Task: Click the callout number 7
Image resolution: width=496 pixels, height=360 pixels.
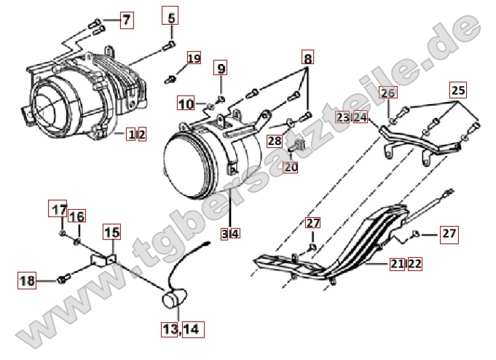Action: pyautogui.click(x=127, y=20)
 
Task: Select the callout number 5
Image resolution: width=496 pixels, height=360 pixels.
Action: pyautogui.click(x=171, y=15)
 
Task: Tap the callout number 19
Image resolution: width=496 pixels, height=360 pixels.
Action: pyautogui.click(x=194, y=58)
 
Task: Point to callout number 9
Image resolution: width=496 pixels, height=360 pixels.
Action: pyautogui.click(x=221, y=68)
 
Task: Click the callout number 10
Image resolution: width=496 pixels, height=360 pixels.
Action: pyautogui.click(x=186, y=103)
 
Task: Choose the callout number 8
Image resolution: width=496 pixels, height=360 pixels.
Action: pyautogui.click(x=307, y=58)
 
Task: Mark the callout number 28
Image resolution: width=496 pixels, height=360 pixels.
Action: pyautogui.click(x=275, y=141)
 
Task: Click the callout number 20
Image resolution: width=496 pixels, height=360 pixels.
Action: pyautogui.click(x=291, y=167)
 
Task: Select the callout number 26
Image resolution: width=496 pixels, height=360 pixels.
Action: pyautogui.click(x=388, y=93)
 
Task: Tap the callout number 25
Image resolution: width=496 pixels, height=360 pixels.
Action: pyautogui.click(x=458, y=90)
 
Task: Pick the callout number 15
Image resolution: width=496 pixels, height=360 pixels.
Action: pyautogui.click(x=112, y=232)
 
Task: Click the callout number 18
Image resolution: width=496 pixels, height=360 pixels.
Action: pyautogui.click(x=27, y=281)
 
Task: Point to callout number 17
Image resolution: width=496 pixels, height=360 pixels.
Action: pyautogui.click(x=58, y=208)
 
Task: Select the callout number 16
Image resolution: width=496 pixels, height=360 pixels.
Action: pyautogui.click(x=77, y=216)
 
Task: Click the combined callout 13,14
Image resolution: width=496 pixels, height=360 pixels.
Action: pyautogui.click(x=183, y=329)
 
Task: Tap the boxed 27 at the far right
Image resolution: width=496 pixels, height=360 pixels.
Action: pyautogui.click(x=449, y=234)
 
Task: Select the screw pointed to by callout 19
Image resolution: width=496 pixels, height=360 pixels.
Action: pyautogui.click(x=170, y=79)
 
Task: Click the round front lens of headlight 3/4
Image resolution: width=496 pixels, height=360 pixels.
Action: pyautogui.click(x=186, y=165)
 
